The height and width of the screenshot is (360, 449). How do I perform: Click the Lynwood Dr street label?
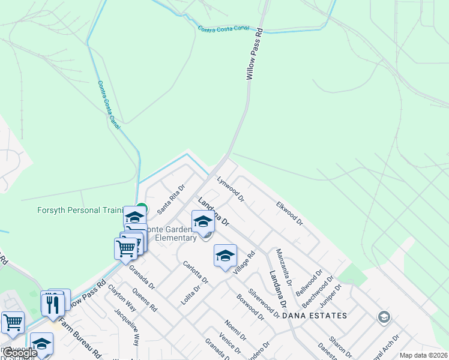(231, 188)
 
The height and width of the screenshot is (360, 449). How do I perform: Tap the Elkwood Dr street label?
(289, 213)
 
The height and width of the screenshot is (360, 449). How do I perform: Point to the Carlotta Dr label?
(195, 272)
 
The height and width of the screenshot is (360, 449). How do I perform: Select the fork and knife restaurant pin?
(53, 304)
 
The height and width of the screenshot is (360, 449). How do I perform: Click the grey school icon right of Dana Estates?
(384, 316)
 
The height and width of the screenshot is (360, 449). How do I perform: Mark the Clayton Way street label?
(122, 296)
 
